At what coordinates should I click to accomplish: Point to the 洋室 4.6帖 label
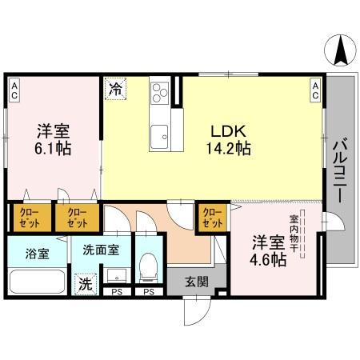(266, 249)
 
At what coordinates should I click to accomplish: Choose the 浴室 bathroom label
(38, 254)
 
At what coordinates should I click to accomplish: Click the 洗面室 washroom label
(101, 250)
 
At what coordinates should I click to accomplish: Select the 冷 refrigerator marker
(115, 89)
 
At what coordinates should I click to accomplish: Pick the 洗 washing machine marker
(84, 282)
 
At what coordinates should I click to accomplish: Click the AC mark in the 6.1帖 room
(15, 88)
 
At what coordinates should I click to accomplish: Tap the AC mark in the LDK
(315, 89)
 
